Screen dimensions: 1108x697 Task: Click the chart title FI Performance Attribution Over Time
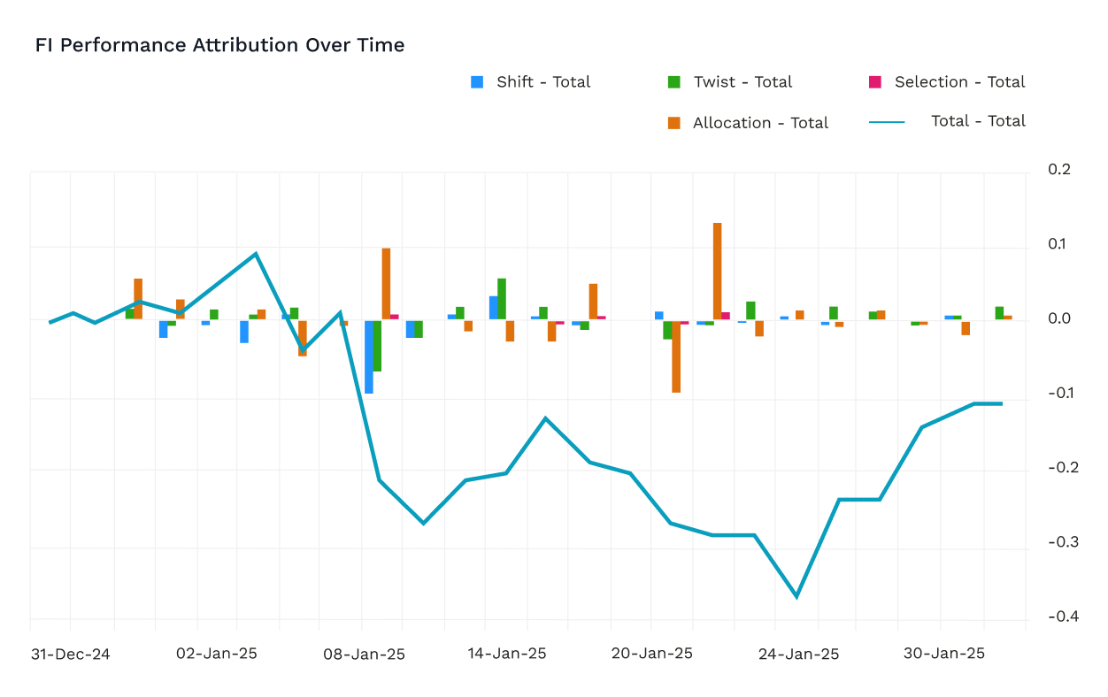pos(219,45)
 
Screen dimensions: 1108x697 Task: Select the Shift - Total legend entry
pos(530,82)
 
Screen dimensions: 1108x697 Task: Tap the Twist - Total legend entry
pos(729,82)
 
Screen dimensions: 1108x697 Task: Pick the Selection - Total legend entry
pos(947,82)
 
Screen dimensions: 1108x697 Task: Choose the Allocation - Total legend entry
pos(748,123)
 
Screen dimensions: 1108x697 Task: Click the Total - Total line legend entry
pos(947,121)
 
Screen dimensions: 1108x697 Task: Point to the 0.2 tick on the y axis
pos(1059,170)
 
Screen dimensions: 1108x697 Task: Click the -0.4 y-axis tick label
pos(1064,617)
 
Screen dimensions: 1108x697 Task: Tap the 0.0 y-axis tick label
pos(1059,318)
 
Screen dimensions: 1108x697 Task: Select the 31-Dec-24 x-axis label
pos(70,654)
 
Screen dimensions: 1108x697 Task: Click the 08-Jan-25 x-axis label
pos(364,654)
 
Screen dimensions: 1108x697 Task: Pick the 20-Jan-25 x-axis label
pos(652,654)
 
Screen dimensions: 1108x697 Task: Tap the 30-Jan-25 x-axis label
pos(944,654)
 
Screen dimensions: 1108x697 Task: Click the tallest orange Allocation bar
pos(717,272)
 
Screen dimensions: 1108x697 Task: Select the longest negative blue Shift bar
pos(369,357)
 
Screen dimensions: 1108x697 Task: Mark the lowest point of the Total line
pos(796,597)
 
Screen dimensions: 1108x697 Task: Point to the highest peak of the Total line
pos(256,254)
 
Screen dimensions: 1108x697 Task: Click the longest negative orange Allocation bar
pos(676,356)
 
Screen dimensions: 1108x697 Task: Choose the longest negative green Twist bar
pos(377,346)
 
